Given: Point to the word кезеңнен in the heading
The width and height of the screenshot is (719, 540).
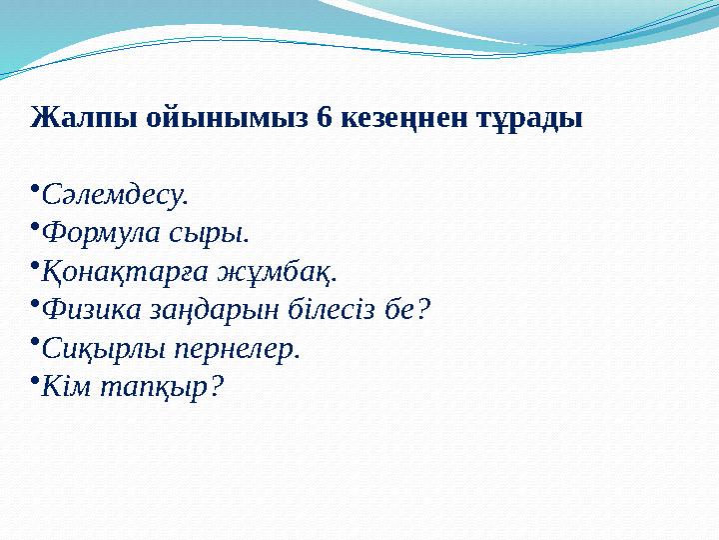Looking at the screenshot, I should click(x=401, y=118).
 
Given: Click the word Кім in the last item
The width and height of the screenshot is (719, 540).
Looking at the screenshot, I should click(x=67, y=389).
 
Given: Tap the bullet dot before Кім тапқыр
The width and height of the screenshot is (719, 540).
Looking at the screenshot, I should click(x=35, y=381).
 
